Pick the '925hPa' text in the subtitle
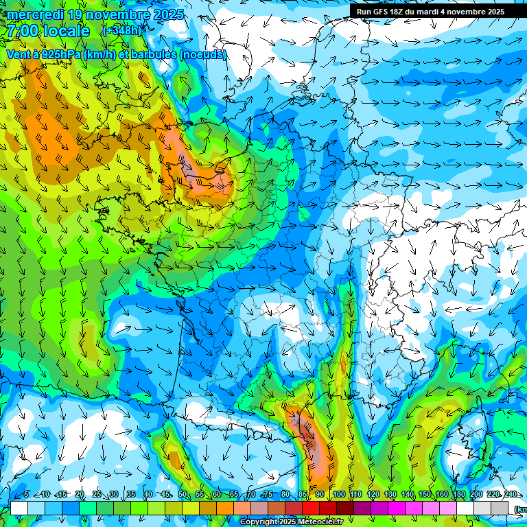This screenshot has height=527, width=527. coord(59,54)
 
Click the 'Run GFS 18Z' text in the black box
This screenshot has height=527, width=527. coord(381,12)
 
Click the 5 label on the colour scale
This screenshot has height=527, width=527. coord(26,495)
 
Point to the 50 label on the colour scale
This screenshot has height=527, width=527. coord(183,495)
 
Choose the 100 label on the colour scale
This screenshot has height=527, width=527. coord(338,495)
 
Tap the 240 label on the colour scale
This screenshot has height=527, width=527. coord(510,495)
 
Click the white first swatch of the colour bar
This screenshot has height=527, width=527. coord(19,508)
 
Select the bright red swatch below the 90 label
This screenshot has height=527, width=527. coord(311,508)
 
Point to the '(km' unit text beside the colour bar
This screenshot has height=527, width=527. coord(519,509)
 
